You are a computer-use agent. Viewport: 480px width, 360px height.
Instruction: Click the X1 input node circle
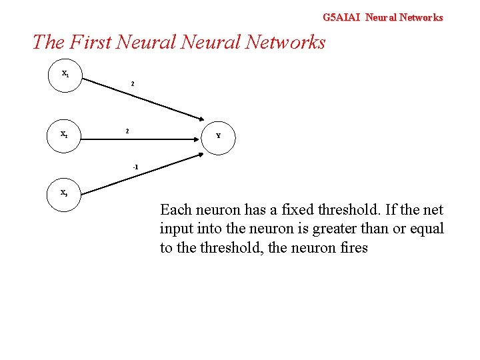[65, 74]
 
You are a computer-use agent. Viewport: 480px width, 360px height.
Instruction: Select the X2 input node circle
[65, 134]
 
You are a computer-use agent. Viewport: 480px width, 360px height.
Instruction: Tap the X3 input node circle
[65, 193]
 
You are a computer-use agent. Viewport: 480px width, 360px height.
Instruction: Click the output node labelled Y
[219, 135]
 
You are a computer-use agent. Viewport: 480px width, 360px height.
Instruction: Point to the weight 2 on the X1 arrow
[133, 85]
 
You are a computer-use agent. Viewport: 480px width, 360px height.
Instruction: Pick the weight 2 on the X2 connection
[127, 131]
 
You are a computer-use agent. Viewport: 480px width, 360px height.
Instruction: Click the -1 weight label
[135, 166]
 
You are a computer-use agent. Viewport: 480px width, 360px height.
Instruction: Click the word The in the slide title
[47, 42]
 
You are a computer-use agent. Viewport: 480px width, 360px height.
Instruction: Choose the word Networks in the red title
[285, 42]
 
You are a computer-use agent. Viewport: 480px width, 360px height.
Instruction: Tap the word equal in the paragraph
[427, 229]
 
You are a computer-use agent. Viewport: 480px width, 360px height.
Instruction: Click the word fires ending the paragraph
[351, 249]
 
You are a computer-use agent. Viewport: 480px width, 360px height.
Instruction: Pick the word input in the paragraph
[176, 229]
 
